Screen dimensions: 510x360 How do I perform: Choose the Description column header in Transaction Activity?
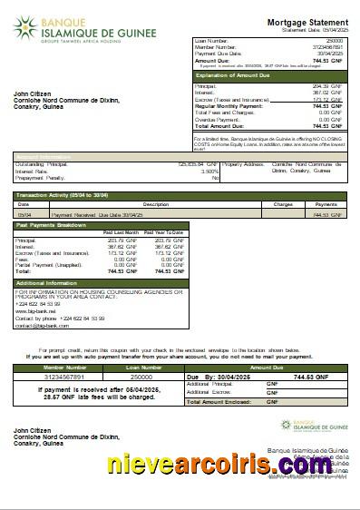(x=156, y=204)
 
